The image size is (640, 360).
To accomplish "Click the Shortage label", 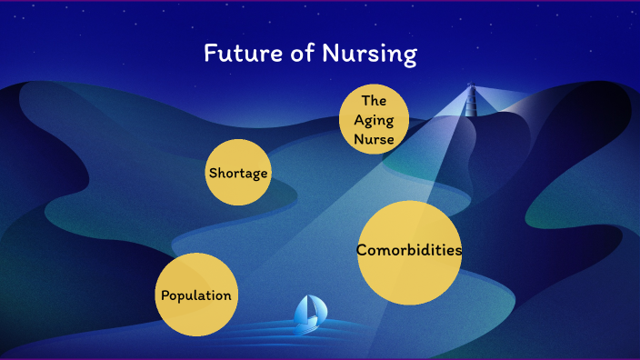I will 239,173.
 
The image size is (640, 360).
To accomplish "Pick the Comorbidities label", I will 409,250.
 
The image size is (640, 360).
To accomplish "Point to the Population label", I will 195,295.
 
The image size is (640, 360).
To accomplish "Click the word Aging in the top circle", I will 375,119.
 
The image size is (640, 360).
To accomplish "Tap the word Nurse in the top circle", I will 375,139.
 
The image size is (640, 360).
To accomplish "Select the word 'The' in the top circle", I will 375,100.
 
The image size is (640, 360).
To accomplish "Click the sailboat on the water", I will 308,313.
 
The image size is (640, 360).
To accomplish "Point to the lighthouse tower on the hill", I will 471,97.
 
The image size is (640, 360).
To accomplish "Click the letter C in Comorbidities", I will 362,250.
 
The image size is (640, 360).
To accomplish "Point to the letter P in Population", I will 165,295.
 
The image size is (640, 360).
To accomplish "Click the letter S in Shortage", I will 213,173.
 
